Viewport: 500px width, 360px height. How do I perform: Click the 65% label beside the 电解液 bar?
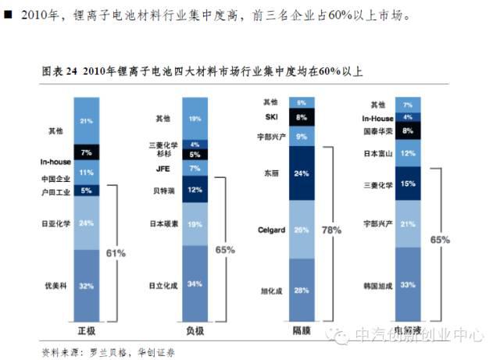[439, 240]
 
